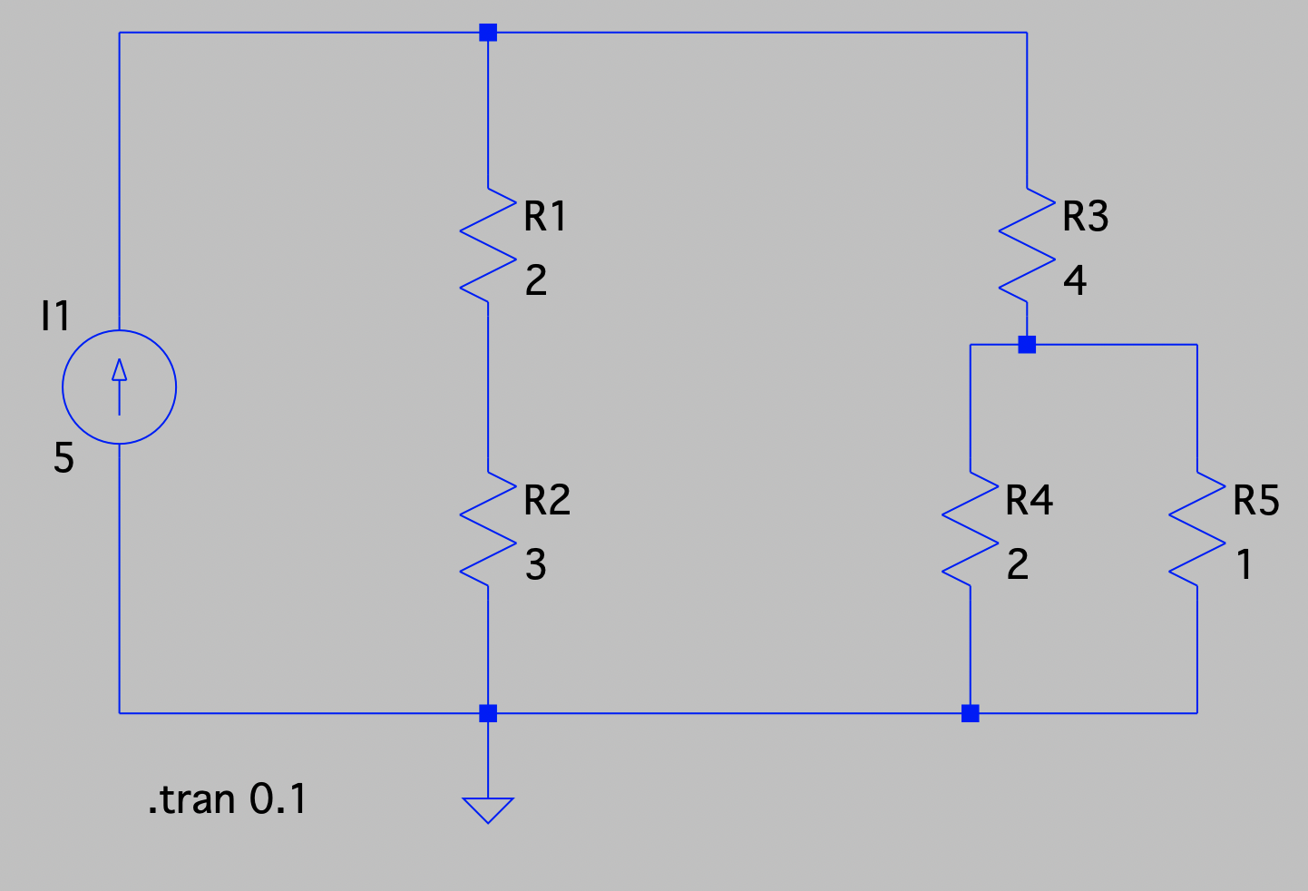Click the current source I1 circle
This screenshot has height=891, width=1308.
[119, 387]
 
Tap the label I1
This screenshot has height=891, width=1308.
[55, 316]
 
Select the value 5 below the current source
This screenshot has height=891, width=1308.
[63, 457]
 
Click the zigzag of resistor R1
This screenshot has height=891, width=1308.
[488, 244]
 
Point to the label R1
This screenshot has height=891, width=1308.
[545, 217]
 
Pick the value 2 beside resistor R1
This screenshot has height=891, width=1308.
[536, 281]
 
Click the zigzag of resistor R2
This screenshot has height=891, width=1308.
[488, 528]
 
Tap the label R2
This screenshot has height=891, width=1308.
[547, 501]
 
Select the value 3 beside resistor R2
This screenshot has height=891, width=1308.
[536, 565]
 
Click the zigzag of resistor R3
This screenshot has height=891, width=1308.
[1027, 244]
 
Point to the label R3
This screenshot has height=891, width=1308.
[1085, 217]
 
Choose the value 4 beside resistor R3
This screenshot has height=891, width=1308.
[1075, 281]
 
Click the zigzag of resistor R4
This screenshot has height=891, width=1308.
[971, 528]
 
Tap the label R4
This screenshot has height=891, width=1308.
[1029, 501]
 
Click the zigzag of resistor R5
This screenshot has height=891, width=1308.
[1197, 528]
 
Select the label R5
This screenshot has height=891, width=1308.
[1256, 501]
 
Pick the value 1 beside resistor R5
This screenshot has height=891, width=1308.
[1245, 565]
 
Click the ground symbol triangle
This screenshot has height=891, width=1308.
[488, 808]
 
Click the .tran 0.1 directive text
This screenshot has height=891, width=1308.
[227, 799]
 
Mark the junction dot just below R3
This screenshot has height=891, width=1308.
[1027, 345]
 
